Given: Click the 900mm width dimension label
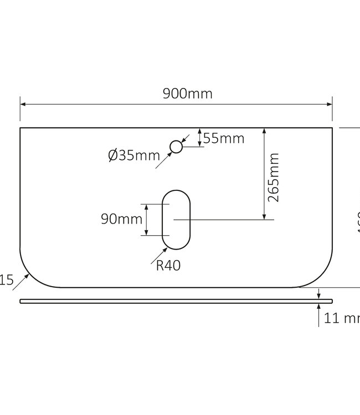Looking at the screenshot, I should [x=187, y=94].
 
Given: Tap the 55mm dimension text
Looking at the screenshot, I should [x=223, y=138].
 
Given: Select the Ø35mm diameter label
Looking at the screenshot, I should [x=133, y=155].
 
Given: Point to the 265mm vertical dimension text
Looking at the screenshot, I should [x=273, y=177].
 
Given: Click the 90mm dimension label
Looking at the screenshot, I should [x=121, y=219].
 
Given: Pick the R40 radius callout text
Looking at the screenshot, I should [x=168, y=266].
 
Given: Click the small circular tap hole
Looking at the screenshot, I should [x=176, y=147].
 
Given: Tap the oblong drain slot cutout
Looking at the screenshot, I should [x=176, y=220].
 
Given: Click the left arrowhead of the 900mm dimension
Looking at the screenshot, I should [x=24, y=103].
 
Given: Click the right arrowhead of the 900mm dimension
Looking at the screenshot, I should [x=329, y=103].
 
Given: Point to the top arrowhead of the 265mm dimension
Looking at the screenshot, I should [x=265, y=131].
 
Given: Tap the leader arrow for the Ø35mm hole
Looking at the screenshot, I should [x=166, y=158].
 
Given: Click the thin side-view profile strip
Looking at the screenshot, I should [x=176, y=301].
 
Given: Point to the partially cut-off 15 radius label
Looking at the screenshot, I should [x=6, y=281].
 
